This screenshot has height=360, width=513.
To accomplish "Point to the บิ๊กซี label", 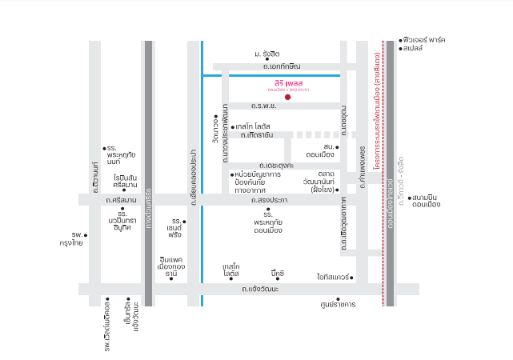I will coord(278,274).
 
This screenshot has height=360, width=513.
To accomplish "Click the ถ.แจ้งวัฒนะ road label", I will coord(260,289).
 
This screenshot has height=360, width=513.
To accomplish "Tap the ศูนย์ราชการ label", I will coord(336,304).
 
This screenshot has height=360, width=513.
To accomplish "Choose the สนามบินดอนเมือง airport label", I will coord(427,201).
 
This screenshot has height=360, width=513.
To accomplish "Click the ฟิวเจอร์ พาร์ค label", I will coord(425,39).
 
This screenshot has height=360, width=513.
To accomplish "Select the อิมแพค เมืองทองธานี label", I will coord(171,267).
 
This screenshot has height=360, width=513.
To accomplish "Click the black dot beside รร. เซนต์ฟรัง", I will coord(184,222).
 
